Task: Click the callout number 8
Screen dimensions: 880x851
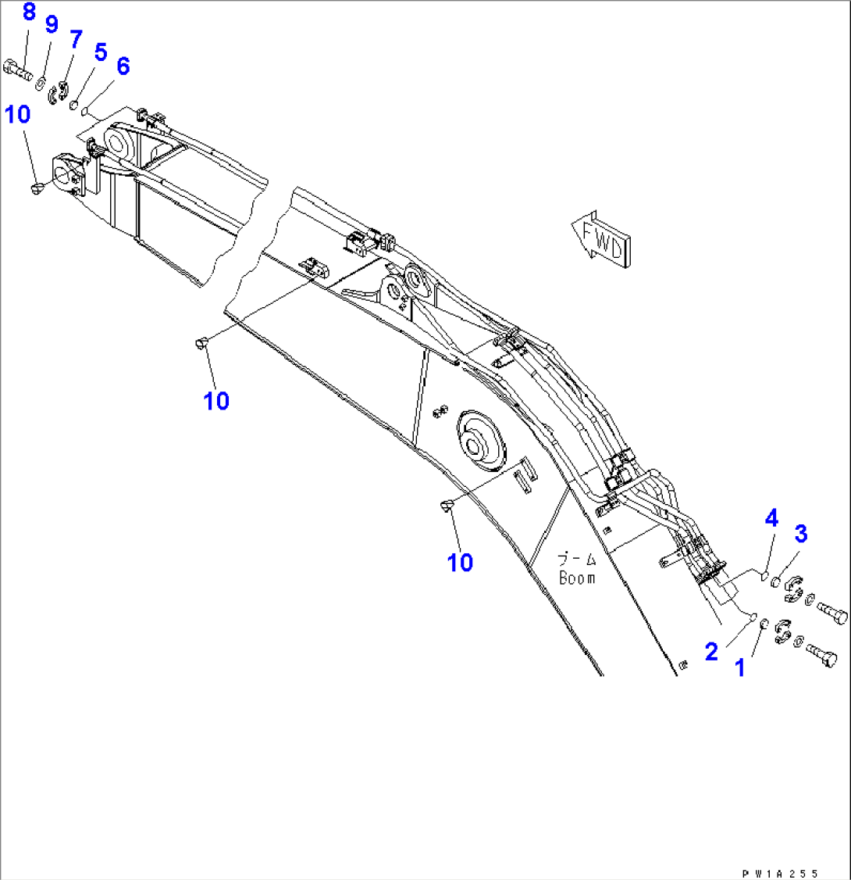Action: click(x=28, y=13)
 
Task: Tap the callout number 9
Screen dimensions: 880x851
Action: click(x=52, y=24)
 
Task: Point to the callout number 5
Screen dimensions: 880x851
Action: click(x=100, y=52)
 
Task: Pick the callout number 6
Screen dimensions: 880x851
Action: click(x=123, y=66)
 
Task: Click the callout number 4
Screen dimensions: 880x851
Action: click(x=771, y=517)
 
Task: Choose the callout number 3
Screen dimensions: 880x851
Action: click(x=800, y=534)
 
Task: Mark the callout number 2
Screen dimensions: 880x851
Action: click(x=710, y=651)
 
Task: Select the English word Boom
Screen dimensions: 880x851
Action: click(x=576, y=578)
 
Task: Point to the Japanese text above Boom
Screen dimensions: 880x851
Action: click(x=576, y=560)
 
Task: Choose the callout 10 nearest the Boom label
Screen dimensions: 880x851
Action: click(x=461, y=562)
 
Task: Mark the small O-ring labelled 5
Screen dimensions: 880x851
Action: click(x=74, y=106)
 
